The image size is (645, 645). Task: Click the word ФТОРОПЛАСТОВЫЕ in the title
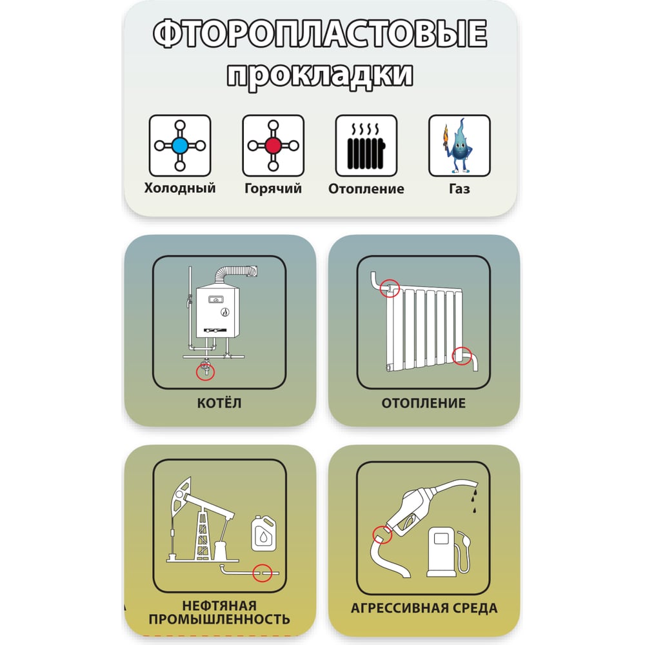coord(320,34)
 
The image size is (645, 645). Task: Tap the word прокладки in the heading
coord(320,75)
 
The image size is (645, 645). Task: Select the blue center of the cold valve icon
coord(180,145)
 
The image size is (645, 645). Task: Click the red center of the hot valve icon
coord(273,145)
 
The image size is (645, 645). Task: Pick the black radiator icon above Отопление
coord(366,146)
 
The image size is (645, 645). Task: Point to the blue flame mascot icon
coord(459,146)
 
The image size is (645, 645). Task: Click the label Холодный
coord(180,188)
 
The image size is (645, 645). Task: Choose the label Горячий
coord(273,188)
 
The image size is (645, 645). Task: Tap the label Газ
coord(459,188)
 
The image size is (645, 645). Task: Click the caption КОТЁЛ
coord(219,402)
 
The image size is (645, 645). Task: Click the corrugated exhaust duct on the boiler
coord(235,275)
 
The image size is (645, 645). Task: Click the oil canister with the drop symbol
coord(264,533)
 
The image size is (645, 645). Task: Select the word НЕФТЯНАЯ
coord(219,606)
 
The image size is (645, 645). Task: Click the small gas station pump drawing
coord(448,552)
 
